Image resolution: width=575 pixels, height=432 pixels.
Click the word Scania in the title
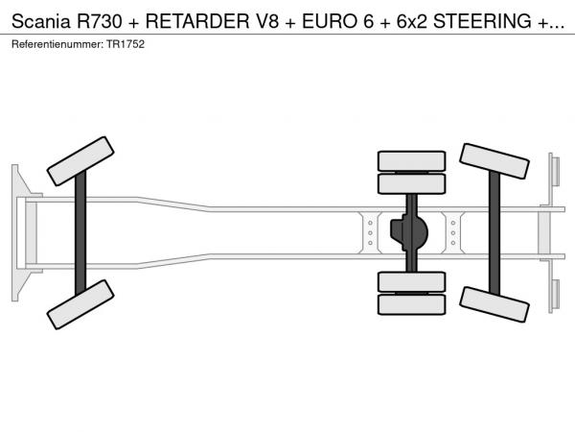click(37, 23)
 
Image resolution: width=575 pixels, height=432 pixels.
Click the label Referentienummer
click(54, 45)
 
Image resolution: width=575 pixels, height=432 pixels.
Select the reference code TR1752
click(126, 45)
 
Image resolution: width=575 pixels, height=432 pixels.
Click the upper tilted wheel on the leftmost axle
click(81, 160)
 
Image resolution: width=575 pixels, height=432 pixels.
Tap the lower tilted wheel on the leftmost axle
click(81, 303)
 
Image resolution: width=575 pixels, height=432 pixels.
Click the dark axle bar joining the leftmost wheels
click(81, 231)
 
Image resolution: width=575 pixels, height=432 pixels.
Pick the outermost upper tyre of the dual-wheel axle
click(411, 160)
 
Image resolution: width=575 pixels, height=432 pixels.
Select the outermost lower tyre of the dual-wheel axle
click(411, 304)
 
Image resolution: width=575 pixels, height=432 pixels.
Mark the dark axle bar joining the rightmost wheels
click(494, 232)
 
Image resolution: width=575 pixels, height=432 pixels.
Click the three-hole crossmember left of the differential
click(369, 232)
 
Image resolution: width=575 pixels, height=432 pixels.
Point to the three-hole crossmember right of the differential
click(452, 232)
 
